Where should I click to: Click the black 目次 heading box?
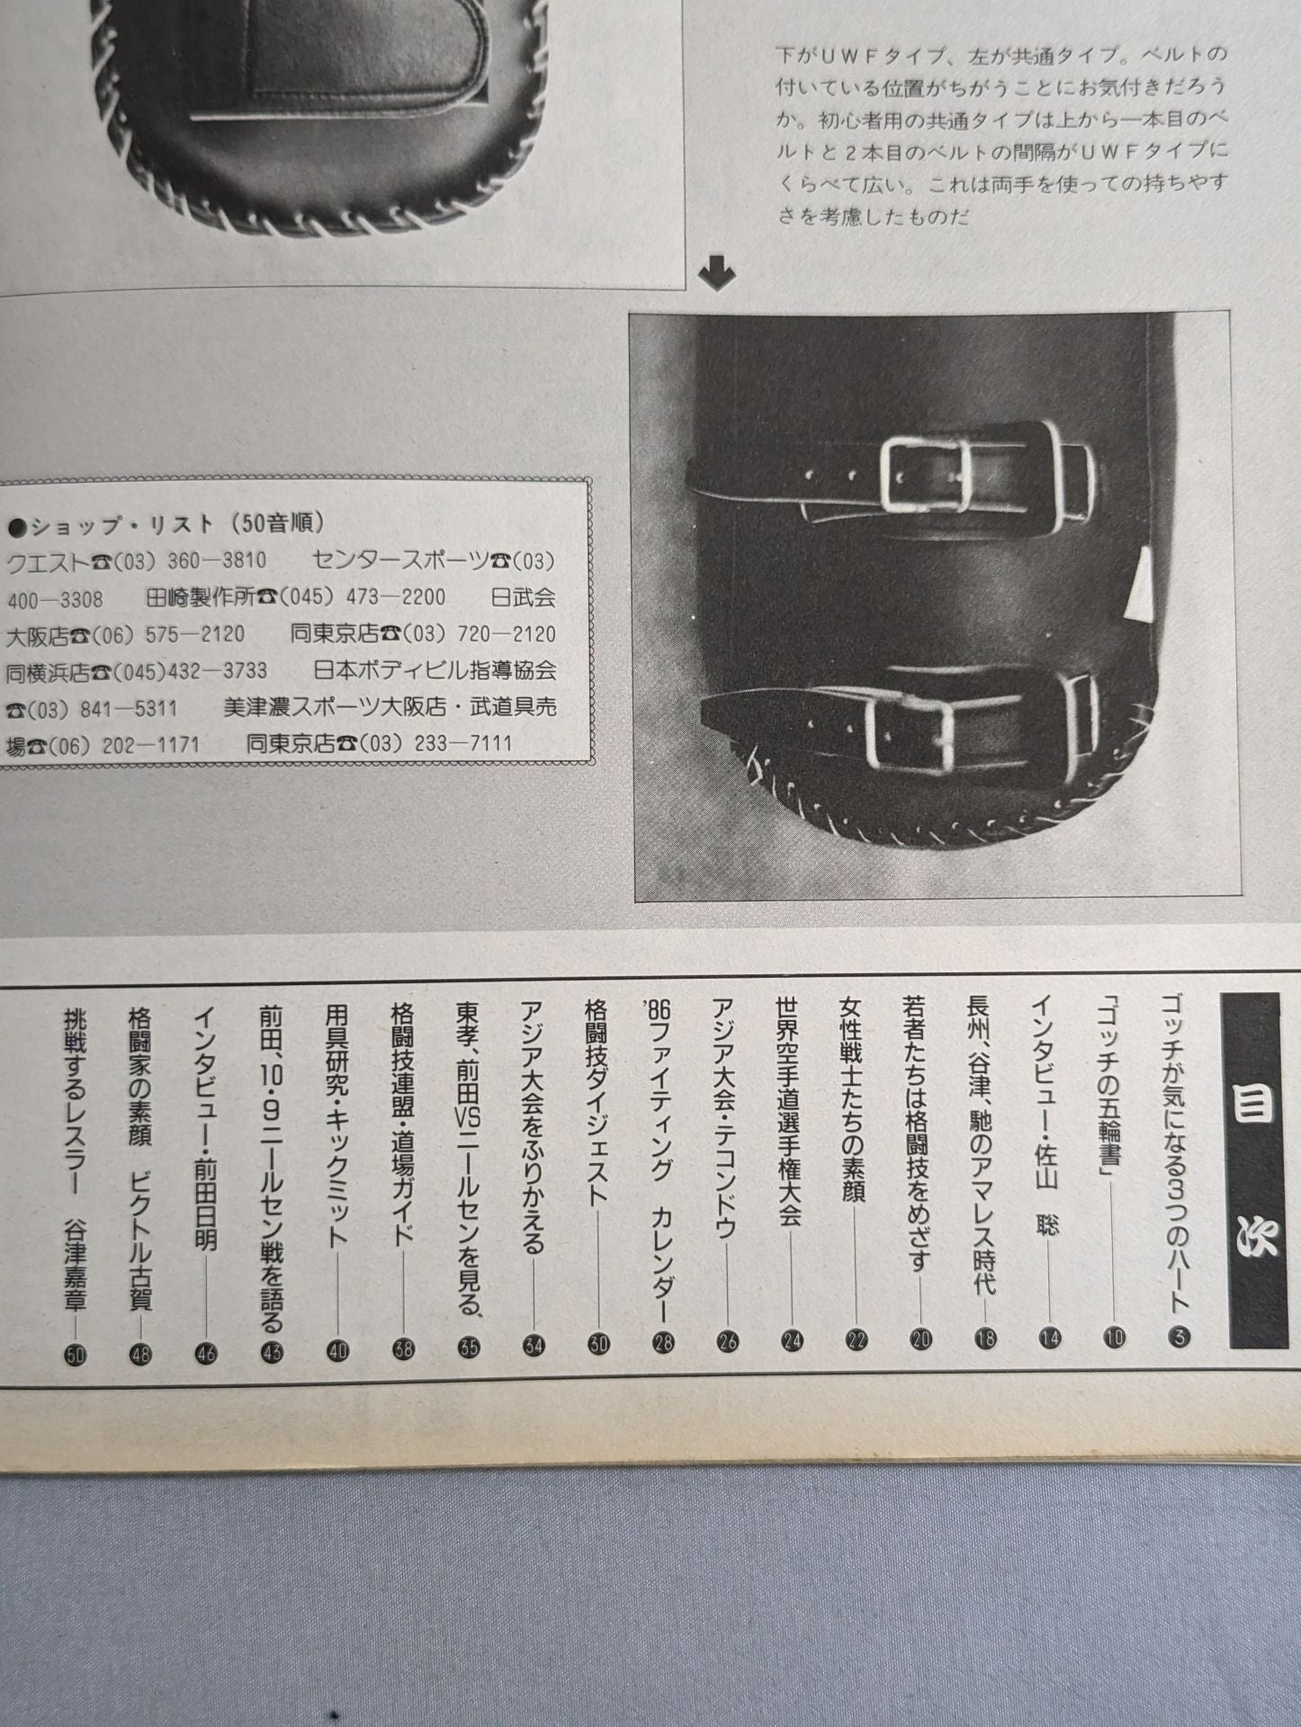pos(1253,1170)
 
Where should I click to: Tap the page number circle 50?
pos(76,1356)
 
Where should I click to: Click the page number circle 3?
pos(1180,1338)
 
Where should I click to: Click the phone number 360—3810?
pos(216,561)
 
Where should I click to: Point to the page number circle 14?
pos(1050,1338)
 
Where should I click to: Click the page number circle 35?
pos(469,1347)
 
